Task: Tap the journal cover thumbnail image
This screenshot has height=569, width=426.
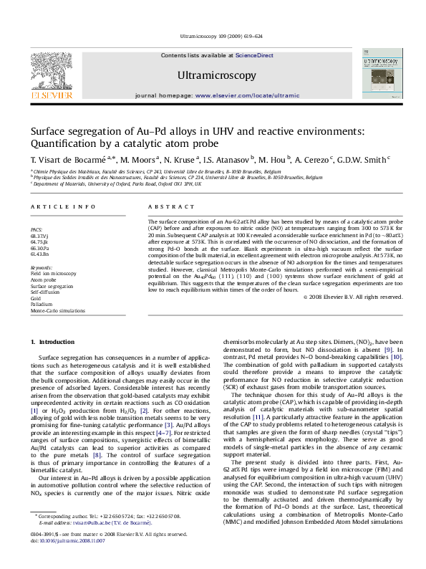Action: click(x=383, y=78)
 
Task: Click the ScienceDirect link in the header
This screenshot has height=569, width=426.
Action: click(x=254, y=55)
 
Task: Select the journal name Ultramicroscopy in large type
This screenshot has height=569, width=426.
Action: click(x=216, y=75)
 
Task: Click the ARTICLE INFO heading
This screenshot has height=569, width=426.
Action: click(x=63, y=206)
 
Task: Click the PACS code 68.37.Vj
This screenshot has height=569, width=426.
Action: click(x=39, y=235)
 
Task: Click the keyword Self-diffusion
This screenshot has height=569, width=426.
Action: click(x=44, y=292)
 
